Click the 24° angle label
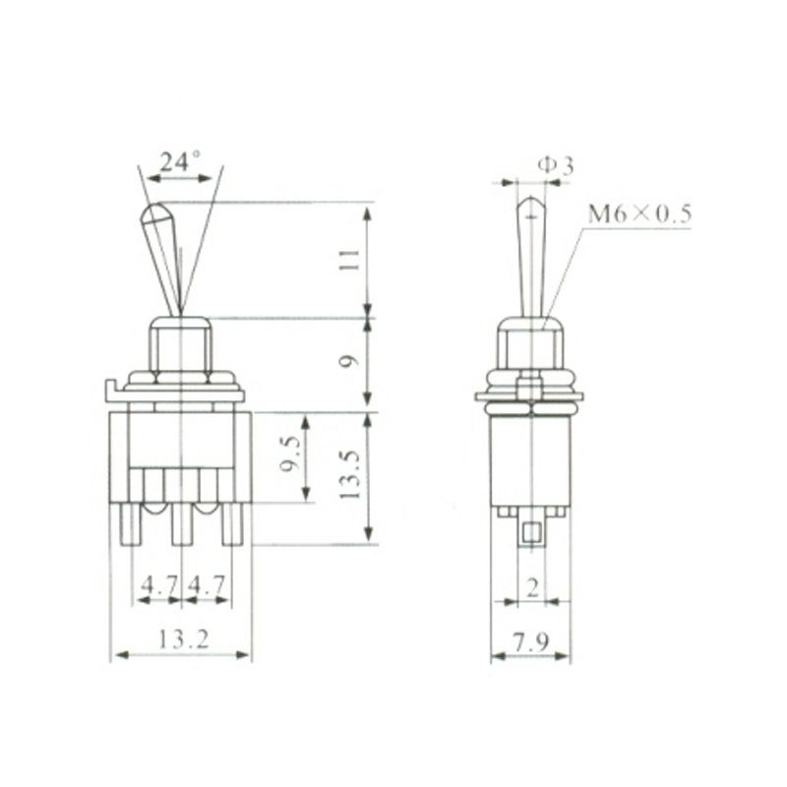[x=180, y=161]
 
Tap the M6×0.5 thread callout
[x=640, y=213]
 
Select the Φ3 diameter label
[x=556, y=165]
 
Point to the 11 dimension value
[x=350, y=260]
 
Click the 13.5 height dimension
[x=350, y=474]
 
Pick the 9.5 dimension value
[x=290, y=454]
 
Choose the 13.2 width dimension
[x=183, y=639]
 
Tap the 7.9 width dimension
[x=531, y=641]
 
